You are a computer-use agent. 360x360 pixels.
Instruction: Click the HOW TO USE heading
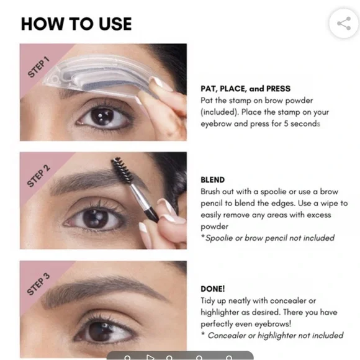(x=76, y=24)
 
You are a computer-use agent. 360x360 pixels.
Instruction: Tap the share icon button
(x=344, y=24)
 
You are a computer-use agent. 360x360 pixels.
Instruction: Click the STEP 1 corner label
(x=38, y=66)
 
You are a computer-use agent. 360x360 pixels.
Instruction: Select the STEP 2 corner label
(x=38, y=176)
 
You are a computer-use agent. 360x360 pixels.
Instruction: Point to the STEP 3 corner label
(x=38, y=284)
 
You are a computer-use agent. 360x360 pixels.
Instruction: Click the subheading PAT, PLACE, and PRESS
(x=245, y=89)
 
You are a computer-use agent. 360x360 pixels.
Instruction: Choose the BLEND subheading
(x=213, y=180)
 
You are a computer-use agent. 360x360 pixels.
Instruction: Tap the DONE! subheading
(x=213, y=289)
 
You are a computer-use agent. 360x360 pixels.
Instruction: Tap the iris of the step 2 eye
(x=96, y=218)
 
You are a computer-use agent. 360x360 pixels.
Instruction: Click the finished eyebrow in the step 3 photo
(x=103, y=290)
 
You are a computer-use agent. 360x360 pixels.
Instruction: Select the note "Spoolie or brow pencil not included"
(x=268, y=238)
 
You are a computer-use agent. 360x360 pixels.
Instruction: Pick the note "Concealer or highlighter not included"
(x=272, y=335)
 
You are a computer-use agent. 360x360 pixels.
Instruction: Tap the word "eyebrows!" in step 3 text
(x=273, y=324)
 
